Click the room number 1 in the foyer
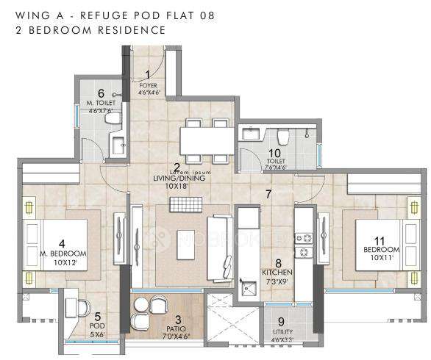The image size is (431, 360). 148,73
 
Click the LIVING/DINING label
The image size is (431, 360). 178,177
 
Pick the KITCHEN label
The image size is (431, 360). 277,271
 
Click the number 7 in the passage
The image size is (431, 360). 269,194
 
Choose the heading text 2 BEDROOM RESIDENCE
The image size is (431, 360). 83,30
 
